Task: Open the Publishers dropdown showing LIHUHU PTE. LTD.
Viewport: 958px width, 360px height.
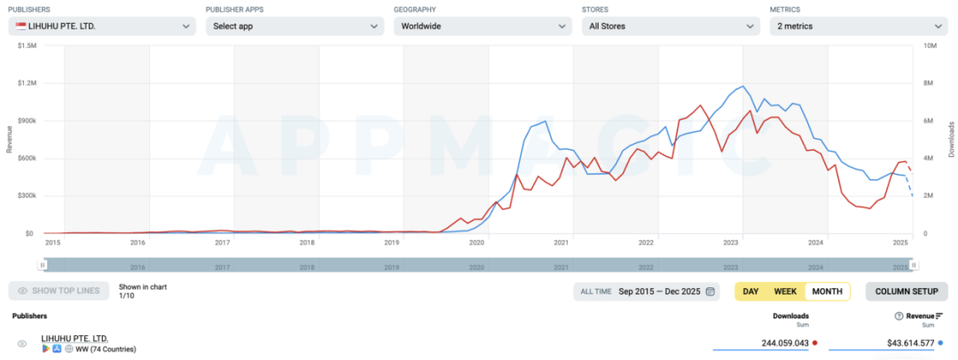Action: pos(102,26)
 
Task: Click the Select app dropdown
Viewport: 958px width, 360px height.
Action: pos(294,26)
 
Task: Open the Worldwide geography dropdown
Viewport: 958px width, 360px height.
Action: pos(482,26)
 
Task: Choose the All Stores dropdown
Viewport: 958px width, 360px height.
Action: pos(670,26)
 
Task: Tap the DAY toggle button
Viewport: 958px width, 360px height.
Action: pos(750,291)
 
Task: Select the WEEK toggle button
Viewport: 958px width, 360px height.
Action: pos(785,291)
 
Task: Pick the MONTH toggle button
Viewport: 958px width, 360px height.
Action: pos(827,291)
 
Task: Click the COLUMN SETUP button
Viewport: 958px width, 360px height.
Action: pos(906,291)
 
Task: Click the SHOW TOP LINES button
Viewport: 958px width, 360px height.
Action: pos(59,291)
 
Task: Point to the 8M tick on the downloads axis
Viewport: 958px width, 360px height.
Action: pos(930,82)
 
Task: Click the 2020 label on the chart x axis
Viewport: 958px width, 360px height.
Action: pos(476,242)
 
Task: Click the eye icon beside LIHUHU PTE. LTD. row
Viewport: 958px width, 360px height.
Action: pos(22,344)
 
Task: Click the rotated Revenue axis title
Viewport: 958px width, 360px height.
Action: pos(9,139)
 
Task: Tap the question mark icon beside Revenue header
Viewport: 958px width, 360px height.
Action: pos(899,316)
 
